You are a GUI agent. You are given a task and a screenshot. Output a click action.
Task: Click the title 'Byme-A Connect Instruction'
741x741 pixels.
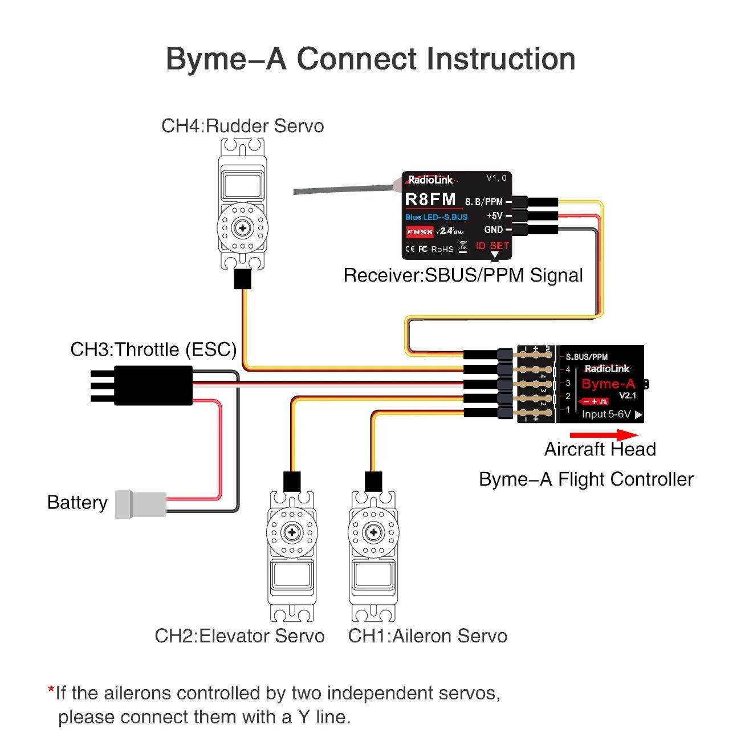[x=370, y=59]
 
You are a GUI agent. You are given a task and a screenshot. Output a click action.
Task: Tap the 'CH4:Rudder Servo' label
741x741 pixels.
[x=242, y=126]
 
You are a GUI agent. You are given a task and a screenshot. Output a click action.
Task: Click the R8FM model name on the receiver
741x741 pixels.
[x=430, y=199]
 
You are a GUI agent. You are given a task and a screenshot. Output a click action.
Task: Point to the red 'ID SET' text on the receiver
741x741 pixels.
[x=492, y=246]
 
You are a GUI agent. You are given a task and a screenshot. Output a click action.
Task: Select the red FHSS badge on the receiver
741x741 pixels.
[x=420, y=232]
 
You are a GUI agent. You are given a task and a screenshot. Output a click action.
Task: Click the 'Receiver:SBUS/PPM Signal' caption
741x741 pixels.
[x=463, y=276]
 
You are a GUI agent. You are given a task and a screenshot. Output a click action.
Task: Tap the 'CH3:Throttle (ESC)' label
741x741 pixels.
[x=153, y=349]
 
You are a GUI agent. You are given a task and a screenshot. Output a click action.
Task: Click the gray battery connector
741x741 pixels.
[x=141, y=504]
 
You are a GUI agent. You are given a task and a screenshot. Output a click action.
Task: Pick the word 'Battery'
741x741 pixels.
[x=77, y=503]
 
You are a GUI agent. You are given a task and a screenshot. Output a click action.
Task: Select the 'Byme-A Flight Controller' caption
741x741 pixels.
[x=586, y=479]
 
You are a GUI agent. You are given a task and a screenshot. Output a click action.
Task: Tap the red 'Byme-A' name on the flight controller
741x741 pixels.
[x=608, y=384]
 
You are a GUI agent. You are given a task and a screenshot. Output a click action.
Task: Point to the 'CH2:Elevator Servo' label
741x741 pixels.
[x=239, y=636]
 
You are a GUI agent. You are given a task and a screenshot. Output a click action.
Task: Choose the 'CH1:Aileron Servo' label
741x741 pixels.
[x=427, y=636]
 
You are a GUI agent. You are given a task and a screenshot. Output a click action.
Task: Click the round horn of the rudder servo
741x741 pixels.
[x=243, y=228]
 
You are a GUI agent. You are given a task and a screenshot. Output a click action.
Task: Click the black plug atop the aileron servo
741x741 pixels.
[x=373, y=482]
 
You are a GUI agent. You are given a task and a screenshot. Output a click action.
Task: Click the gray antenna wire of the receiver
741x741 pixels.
[x=342, y=189]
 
